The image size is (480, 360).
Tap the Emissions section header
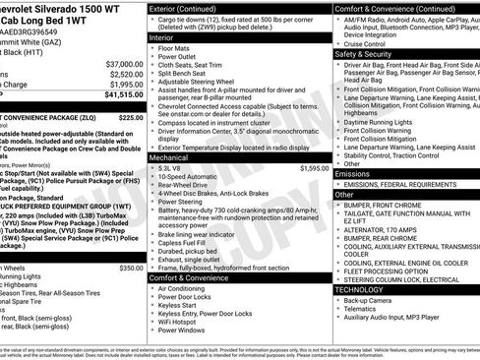pyautogui.click(x=352, y=173)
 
